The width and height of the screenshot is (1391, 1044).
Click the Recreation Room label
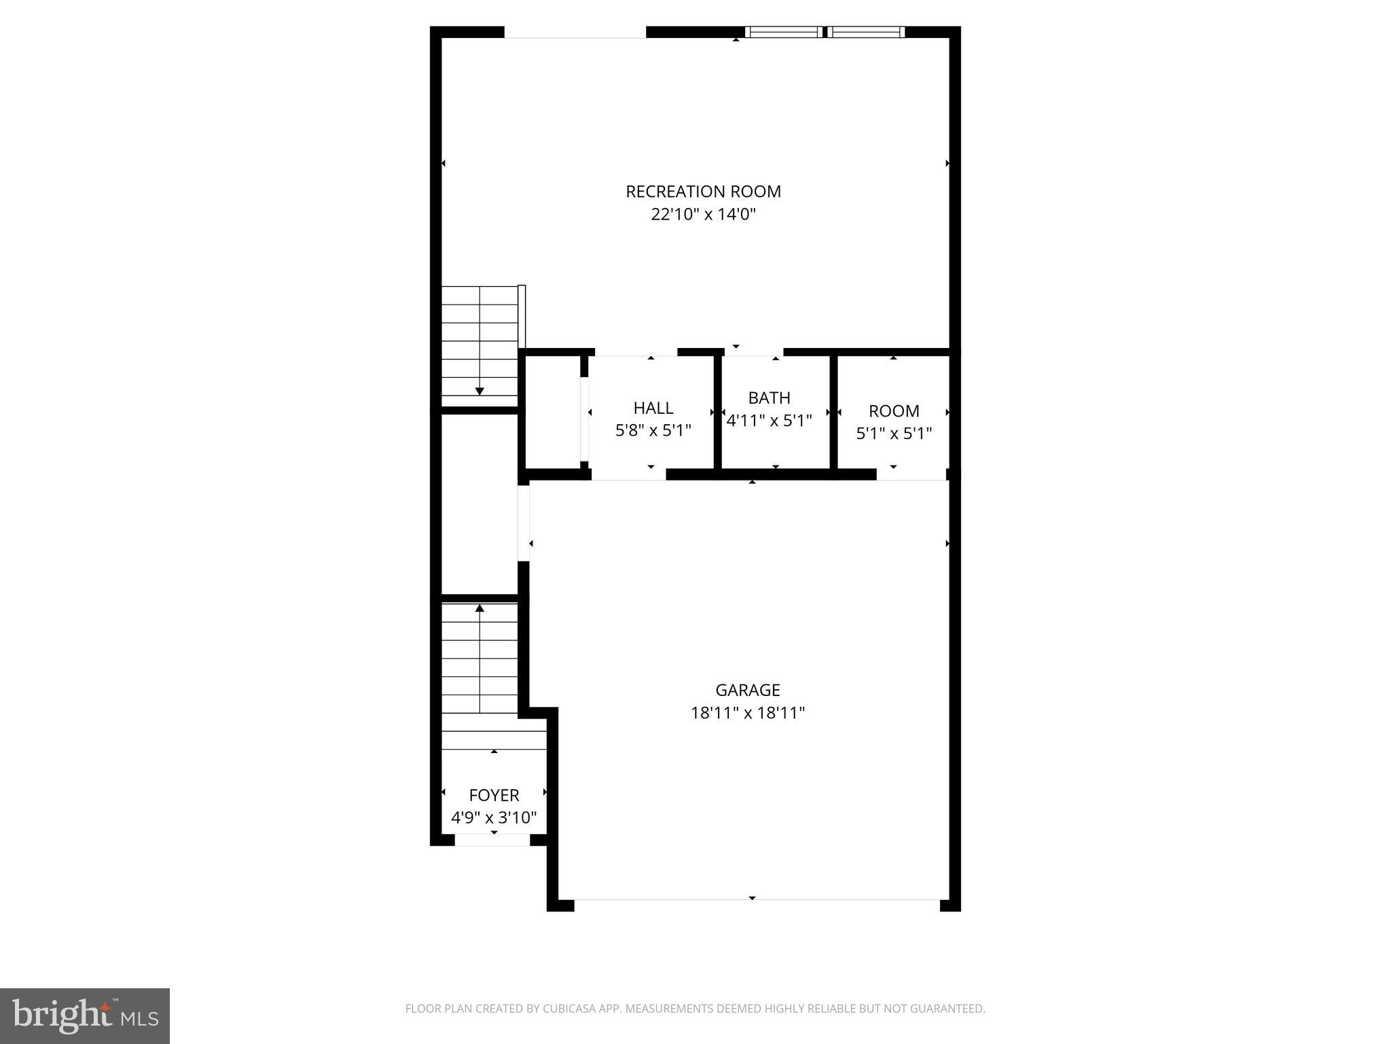point(703,192)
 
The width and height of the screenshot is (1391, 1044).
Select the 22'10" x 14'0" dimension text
point(703,215)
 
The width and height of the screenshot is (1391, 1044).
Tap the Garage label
point(747,690)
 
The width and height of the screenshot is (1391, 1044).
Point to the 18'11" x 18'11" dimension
point(747,713)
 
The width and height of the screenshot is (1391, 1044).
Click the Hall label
point(653,408)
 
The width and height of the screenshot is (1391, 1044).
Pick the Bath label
point(769,398)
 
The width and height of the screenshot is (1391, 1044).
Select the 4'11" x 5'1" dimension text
point(769,421)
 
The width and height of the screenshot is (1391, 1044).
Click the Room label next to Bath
point(894,411)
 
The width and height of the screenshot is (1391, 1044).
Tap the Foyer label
point(494,795)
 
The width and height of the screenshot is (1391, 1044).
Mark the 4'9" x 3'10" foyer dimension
point(494,818)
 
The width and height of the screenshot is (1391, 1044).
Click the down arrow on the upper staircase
point(480,390)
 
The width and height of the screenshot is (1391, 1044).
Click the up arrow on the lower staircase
point(480,608)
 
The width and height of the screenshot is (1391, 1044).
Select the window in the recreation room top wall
point(825,32)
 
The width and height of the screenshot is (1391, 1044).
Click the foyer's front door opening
point(492,840)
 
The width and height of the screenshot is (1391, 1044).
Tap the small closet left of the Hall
point(553,412)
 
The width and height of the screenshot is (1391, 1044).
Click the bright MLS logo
point(85,1015)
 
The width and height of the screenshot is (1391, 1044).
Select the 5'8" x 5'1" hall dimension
point(653,431)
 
